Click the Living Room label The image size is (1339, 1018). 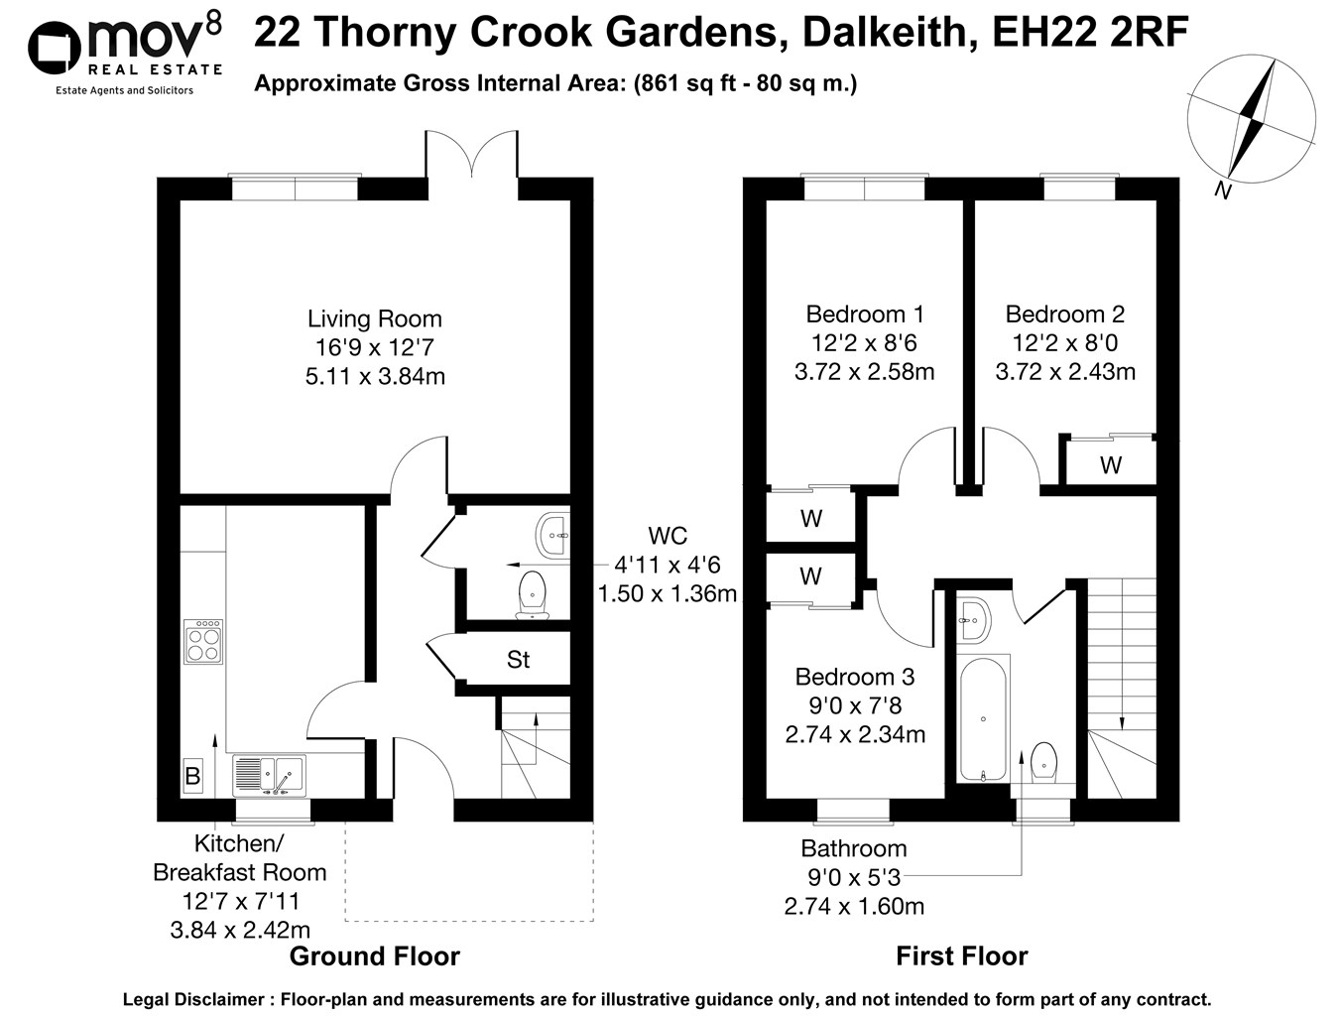(374, 319)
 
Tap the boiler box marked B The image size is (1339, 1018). (192, 775)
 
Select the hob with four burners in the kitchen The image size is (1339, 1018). (203, 642)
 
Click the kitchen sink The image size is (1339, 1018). (269, 774)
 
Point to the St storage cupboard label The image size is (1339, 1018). (518, 660)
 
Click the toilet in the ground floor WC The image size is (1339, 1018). (533, 593)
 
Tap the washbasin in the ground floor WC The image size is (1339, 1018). (551, 535)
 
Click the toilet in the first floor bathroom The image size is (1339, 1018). (1042, 762)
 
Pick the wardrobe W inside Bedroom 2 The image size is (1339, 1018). (1110, 464)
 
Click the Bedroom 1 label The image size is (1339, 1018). (865, 315)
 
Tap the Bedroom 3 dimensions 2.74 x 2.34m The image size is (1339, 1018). (855, 735)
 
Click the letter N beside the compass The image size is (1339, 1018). (1223, 191)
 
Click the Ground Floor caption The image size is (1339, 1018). (374, 956)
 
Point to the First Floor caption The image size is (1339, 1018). (961, 956)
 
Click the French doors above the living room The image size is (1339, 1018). (471, 157)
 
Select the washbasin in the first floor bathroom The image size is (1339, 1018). (972, 619)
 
